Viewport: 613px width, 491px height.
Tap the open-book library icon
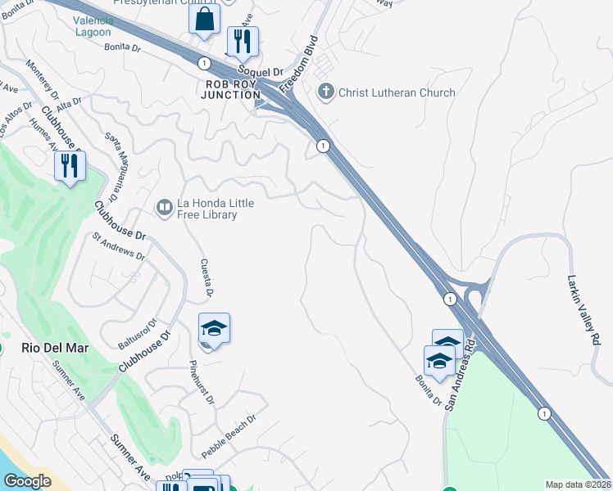click(x=165, y=208)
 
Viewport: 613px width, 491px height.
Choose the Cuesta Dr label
click(x=207, y=278)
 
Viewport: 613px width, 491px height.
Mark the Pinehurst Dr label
click(x=202, y=383)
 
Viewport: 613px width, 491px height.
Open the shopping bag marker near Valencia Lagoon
click(x=204, y=18)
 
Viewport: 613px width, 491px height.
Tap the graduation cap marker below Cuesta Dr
click(x=214, y=329)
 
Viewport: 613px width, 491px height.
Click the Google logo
click(x=27, y=481)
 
